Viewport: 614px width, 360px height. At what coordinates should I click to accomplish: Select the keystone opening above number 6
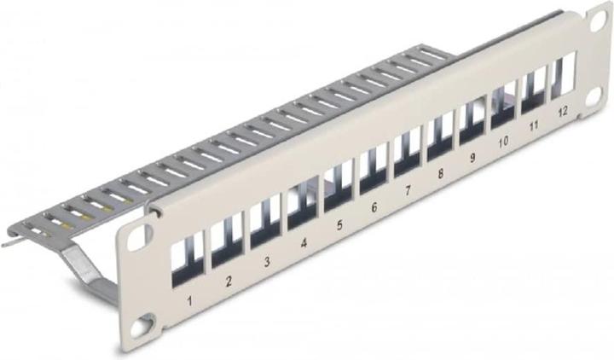pos(372,174)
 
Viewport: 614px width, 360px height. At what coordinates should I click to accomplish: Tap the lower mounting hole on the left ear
pos(150,322)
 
